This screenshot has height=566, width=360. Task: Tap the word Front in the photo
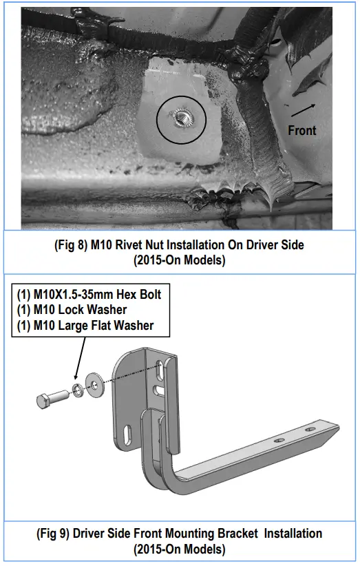click(302, 130)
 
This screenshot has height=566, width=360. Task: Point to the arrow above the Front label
click(304, 110)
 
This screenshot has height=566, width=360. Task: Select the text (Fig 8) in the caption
click(71, 245)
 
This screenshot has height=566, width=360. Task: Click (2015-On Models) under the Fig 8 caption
click(180, 260)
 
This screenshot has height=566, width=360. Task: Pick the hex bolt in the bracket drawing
click(52, 399)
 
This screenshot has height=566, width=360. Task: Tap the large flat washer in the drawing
click(94, 385)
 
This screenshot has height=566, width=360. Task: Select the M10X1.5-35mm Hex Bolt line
click(89, 295)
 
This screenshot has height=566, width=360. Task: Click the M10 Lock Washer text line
click(72, 310)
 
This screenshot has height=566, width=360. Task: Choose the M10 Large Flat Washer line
click(85, 326)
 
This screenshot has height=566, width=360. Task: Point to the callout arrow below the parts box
click(81, 357)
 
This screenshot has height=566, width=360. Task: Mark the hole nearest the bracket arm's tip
click(310, 430)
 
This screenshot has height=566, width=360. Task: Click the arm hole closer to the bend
click(279, 441)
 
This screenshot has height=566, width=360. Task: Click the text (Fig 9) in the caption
click(53, 534)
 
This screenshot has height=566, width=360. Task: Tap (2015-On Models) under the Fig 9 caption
click(180, 549)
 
